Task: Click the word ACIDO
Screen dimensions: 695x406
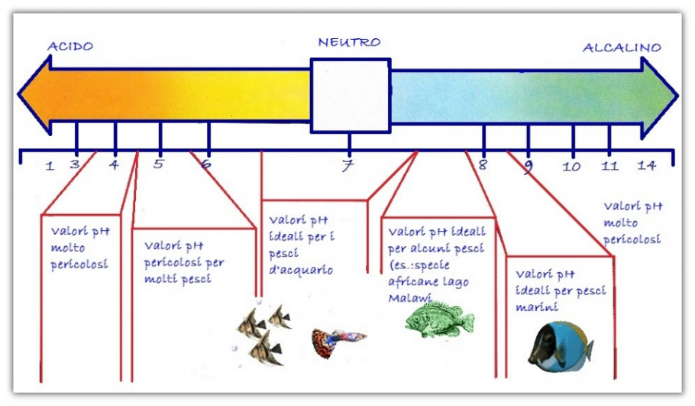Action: (x=70, y=46)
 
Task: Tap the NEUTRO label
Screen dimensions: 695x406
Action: (x=349, y=42)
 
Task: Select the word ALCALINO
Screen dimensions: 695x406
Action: (x=622, y=47)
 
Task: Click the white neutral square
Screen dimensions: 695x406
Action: (x=350, y=96)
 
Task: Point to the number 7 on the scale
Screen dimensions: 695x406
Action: (x=348, y=165)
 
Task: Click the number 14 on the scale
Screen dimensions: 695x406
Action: (x=646, y=165)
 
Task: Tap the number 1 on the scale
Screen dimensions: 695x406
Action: (x=50, y=167)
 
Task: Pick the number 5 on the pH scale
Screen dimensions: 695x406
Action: (x=158, y=164)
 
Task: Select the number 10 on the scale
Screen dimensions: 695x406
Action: (x=571, y=167)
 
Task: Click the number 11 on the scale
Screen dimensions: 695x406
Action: (x=609, y=166)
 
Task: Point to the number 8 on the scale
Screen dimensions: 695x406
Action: (x=483, y=164)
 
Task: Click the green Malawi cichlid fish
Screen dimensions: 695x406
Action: (x=439, y=319)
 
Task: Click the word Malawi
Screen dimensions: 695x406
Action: (x=409, y=297)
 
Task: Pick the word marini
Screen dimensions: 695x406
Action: (x=536, y=307)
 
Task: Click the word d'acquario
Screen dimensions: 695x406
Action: (x=301, y=270)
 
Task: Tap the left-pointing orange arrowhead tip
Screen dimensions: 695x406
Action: (x=18, y=94)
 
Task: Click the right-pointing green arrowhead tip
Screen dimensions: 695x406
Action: (x=677, y=96)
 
